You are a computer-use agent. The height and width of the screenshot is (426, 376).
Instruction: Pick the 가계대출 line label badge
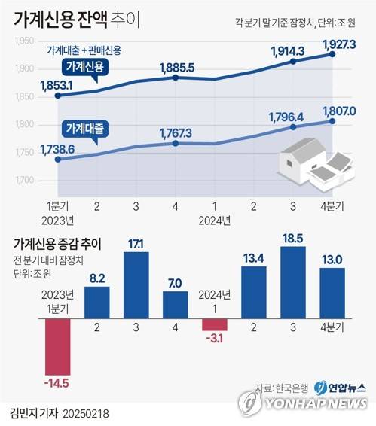pyautogui.click(x=85, y=126)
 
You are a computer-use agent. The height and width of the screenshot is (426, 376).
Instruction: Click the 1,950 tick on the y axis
pyautogui.click(x=25, y=41)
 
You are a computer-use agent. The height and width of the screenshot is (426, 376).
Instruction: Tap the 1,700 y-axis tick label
pyautogui.click(x=25, y=181)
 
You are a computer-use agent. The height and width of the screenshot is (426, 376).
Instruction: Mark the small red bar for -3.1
pyautogui.click(x=214, y=324)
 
